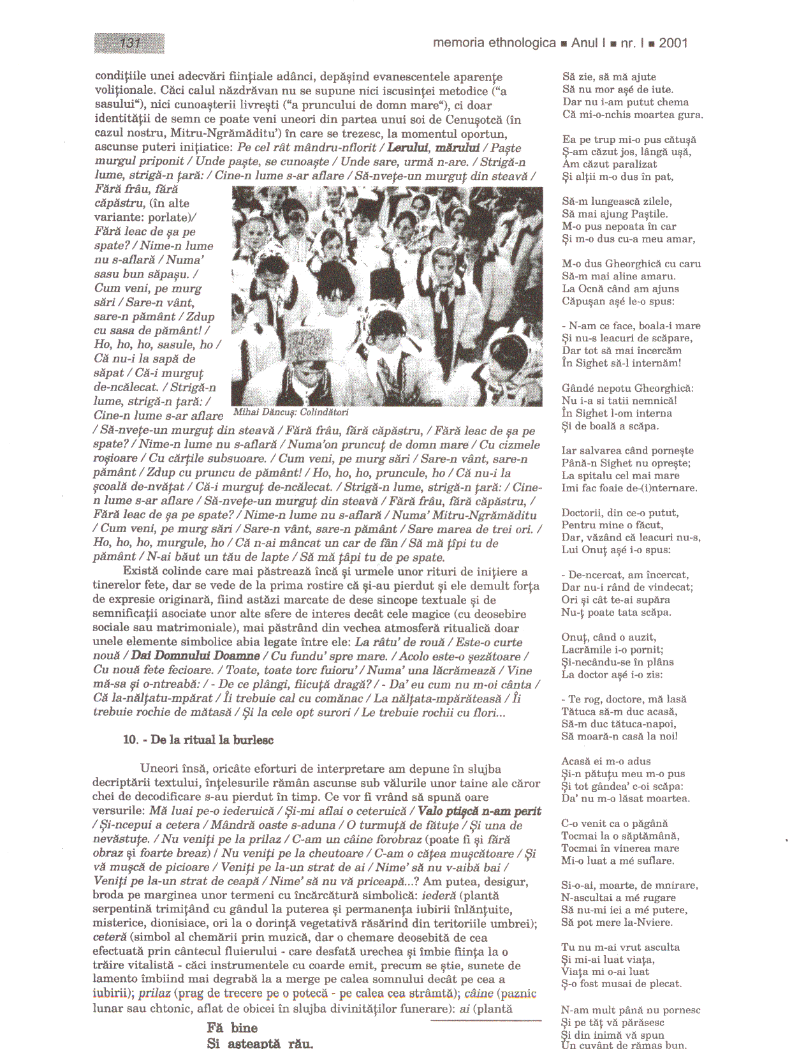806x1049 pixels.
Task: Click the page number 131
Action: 129,43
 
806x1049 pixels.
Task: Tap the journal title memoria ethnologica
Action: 494,43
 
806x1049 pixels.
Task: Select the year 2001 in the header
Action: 673,43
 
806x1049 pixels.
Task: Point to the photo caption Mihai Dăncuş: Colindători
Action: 291,412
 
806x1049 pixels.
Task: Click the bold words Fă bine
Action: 232,1027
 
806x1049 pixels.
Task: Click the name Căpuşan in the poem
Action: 581,301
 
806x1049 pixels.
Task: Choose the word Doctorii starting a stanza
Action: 584,513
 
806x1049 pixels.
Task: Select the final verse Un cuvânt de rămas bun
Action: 624,1045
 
